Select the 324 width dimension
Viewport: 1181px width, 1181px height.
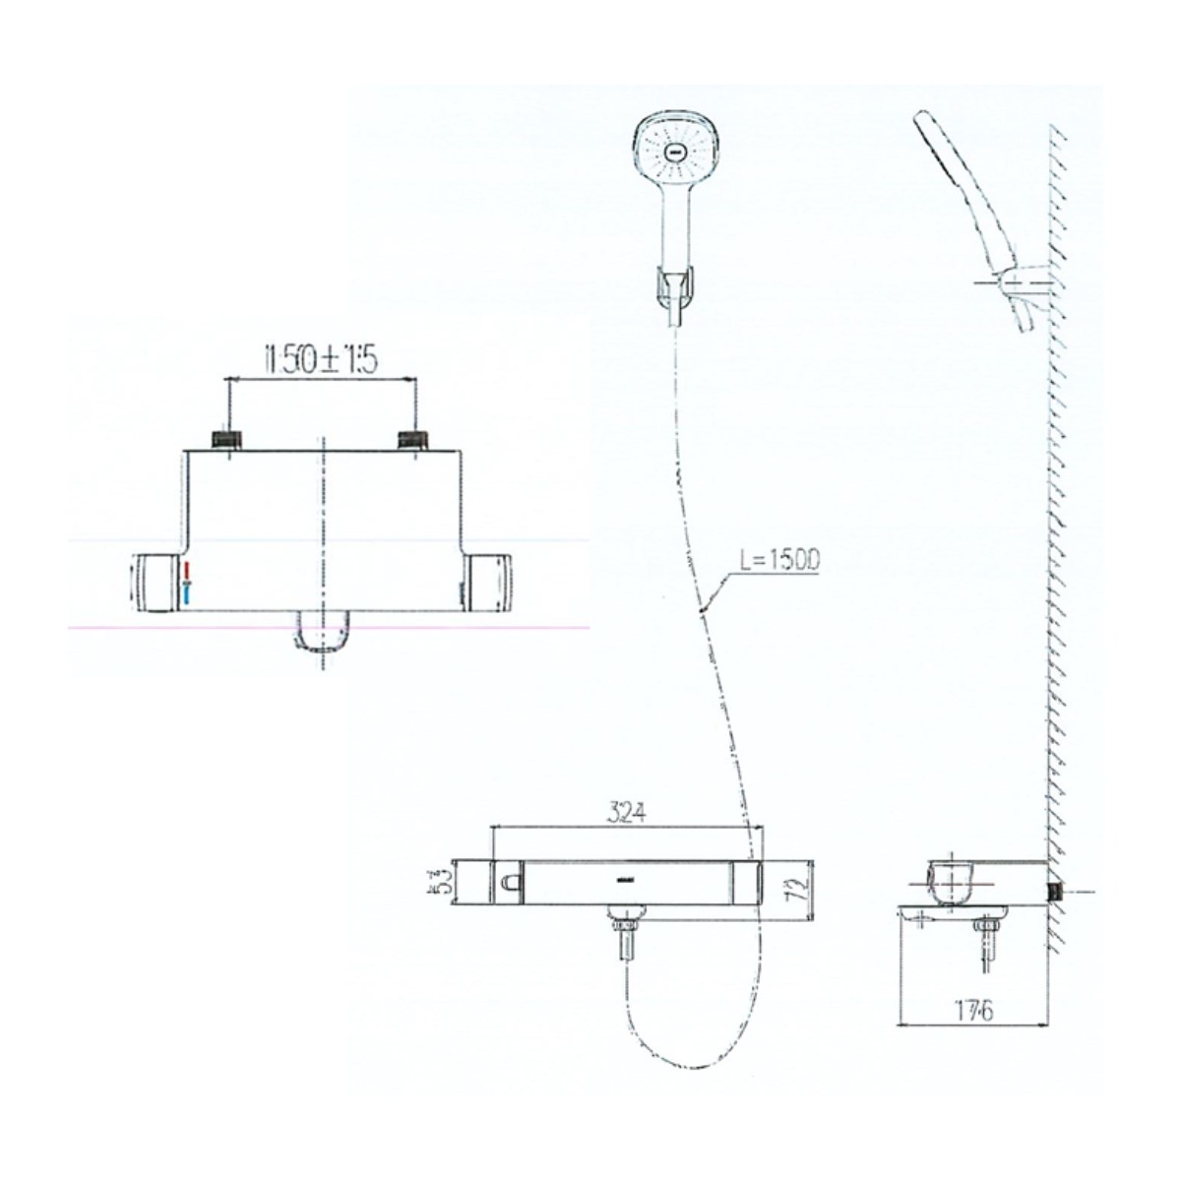626,813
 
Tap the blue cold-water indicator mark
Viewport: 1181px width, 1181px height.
185,592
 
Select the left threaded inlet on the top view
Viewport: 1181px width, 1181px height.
228,440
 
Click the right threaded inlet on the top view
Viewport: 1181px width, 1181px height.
411,440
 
